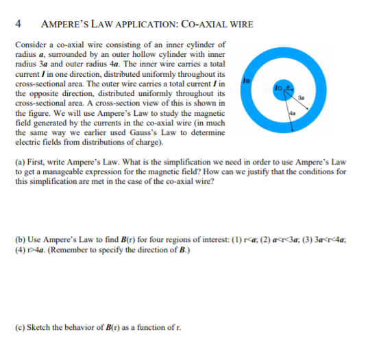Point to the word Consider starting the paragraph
[29, 44]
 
